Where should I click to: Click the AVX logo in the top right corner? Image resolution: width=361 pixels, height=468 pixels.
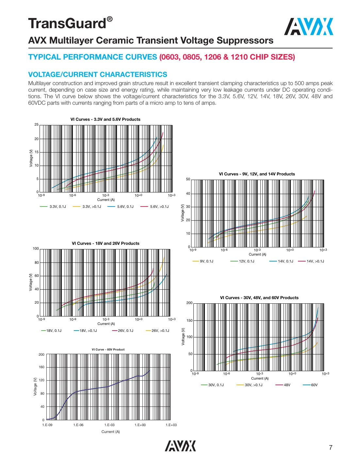(x=308, y=27)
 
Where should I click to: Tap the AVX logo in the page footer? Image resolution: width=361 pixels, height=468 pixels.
(x=180, y=446)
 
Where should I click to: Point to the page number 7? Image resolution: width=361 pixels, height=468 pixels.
(x=331, y=447)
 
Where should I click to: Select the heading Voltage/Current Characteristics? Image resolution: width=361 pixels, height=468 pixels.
(x=98, y=75)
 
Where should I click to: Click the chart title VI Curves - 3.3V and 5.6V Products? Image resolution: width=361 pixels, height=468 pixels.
(x=105, y=119)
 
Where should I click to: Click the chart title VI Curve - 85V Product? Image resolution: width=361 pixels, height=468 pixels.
(x=108, y=350)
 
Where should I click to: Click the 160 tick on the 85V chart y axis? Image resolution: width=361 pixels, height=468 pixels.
(x=41, y=367)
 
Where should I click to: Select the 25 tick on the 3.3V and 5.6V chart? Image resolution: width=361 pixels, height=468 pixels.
(x=37, y=125)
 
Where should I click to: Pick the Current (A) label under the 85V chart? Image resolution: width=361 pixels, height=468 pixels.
(x=110, y=432)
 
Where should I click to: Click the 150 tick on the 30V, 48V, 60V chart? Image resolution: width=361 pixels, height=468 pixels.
(x=189, y=320)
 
